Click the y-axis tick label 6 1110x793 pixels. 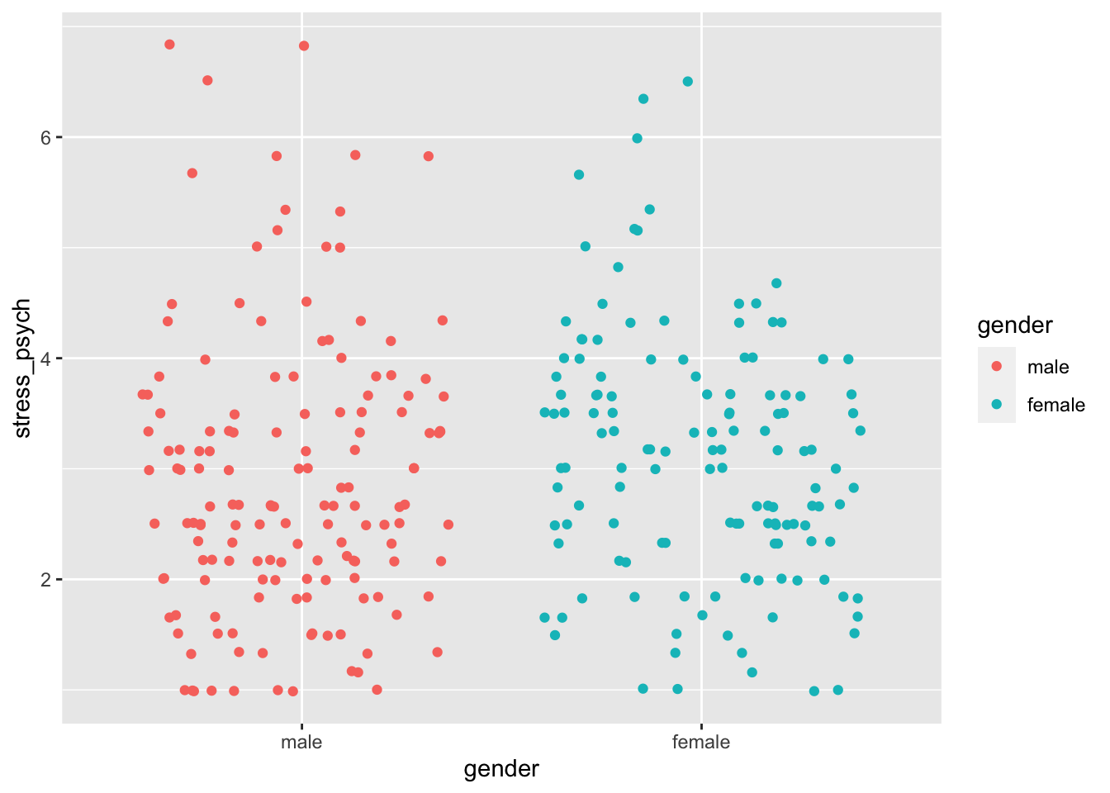click(x=45, y=137)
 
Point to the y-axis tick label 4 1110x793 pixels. click(x=45, y=359)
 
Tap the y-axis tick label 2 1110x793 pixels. click(x=45, y=580)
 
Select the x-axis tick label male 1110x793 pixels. click(x=301, y=742)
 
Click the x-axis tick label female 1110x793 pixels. click(x=701, y=742)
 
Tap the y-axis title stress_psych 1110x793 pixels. click(x=23, y=368)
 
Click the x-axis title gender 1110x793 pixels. click(x=501, y=770)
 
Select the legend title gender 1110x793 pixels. click(x=1015, y=325)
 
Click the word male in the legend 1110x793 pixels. click(x=1047, y=368)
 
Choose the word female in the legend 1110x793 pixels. click(x=1055, y=405)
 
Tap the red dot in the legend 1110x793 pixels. click(x=997, y=367)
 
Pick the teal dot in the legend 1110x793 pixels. click(x=997, y=404)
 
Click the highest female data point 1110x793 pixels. click(x=688, y=81)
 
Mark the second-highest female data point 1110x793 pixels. click(x=643, y=99)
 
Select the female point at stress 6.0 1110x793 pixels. click(x=637, y=138)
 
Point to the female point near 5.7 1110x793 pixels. click(x=579, y=174)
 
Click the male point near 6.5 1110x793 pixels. click(x=207, y=80)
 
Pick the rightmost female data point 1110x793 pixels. click(x=861, y=430)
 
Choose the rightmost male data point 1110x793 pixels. click(x=448, y=525)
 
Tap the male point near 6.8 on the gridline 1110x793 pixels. click(x=304, y=45)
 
